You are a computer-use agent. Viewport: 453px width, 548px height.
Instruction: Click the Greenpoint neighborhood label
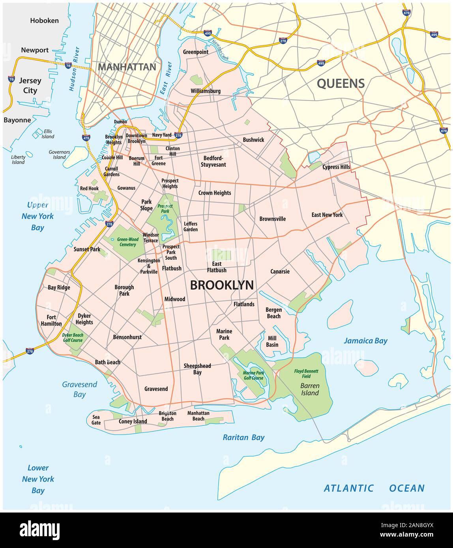coord(195,52)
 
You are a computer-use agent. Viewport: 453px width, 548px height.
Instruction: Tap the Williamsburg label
coord(206,91)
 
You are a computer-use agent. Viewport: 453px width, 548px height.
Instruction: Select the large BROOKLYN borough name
coord(222,285)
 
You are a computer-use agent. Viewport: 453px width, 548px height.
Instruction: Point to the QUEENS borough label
coord(341,83)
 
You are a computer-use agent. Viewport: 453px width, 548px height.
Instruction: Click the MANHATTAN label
coord(127,67)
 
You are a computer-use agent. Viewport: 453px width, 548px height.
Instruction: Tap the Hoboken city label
coord(44,21)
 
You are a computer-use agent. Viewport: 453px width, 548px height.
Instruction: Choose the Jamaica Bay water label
coord(365,341)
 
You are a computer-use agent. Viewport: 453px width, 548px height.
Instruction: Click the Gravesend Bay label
coord(79,389)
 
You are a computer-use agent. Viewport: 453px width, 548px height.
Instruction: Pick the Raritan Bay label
coord(243,437)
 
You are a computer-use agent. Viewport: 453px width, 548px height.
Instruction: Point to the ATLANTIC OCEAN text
coord(374,488)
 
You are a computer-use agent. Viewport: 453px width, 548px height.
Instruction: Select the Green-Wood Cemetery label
coord(127,242)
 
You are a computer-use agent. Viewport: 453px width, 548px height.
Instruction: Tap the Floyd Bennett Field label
coord(306,374)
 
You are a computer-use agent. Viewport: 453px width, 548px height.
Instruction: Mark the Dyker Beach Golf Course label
coord(73,337)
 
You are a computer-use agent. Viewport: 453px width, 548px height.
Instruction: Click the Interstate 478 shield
coord(86,137)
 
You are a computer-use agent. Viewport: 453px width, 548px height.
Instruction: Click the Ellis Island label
coord(48,134)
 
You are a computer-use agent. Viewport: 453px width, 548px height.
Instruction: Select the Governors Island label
coord(60,154)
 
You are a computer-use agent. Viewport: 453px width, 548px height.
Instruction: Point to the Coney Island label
coord(133,421)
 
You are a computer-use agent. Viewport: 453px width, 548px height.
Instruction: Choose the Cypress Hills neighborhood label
coord(336,167)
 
